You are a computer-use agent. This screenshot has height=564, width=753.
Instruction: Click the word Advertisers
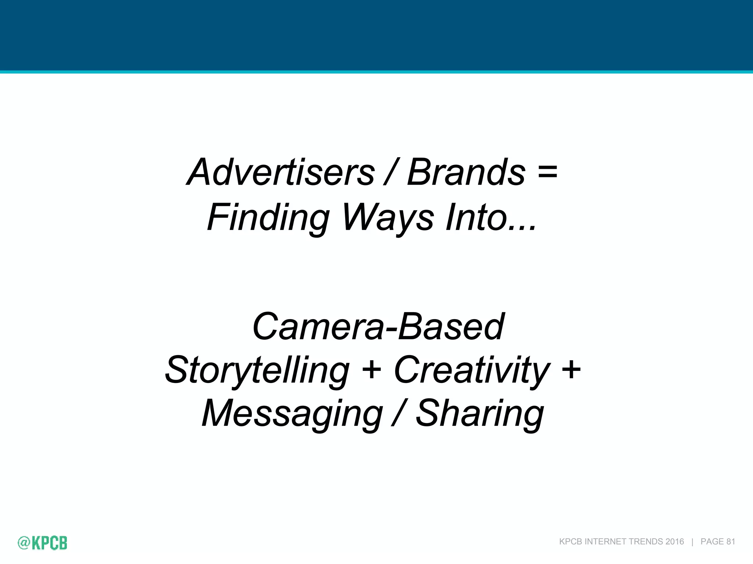point(281,172)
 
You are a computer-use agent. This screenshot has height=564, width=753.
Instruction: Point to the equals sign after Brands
point(547,172)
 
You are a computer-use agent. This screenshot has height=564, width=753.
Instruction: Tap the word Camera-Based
point(378,326)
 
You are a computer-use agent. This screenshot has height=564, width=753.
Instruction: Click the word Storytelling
point(257,370)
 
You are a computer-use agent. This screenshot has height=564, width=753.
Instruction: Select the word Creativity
point(472,370)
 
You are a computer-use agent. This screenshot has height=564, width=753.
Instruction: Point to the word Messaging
point(292,414)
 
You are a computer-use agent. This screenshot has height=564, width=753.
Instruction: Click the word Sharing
point(479,414)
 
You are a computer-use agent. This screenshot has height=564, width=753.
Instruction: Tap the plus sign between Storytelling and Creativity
point(371,369)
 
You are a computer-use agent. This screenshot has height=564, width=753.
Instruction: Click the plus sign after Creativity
point(571,369)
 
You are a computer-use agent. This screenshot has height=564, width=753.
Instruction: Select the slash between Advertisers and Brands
point(390,172)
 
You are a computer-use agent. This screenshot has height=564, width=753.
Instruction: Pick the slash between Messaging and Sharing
point(399,414)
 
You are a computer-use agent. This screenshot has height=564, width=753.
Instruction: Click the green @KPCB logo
point(43,543)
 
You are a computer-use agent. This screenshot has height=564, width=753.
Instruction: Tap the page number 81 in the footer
point(731,542)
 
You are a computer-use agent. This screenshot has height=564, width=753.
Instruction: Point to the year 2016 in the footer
point(674,542)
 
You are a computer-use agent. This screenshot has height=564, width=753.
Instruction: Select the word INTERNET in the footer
point(605,542)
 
